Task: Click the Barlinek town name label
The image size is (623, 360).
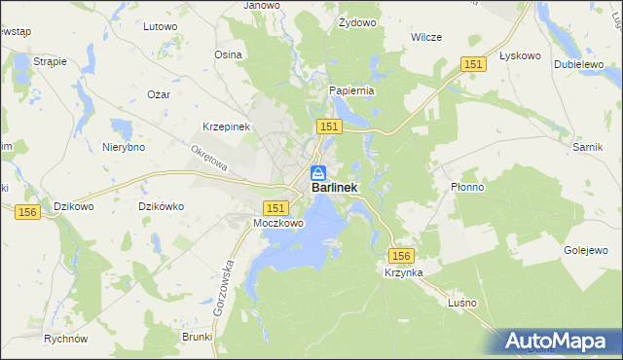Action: pos(334,188)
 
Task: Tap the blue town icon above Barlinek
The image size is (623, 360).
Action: pos(318,172)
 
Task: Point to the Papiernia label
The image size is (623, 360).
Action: pos(351,90)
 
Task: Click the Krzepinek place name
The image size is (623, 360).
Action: pos(227,127)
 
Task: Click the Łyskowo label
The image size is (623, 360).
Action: pos(519,55)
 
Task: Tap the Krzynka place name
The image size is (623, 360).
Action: pos(403,273)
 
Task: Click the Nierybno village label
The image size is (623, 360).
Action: pos(124,147)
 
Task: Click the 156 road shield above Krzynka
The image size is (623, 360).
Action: pos(403,255)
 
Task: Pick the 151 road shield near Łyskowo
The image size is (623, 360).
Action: pos(473,63)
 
